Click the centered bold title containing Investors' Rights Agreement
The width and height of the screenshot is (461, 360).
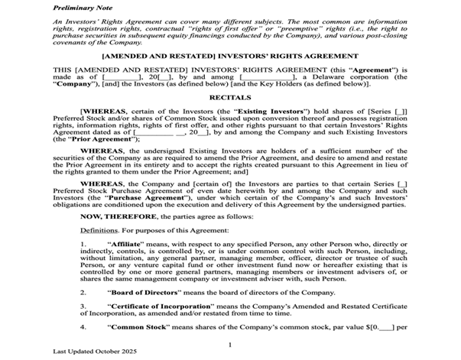230,57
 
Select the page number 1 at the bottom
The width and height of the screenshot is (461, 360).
230,346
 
